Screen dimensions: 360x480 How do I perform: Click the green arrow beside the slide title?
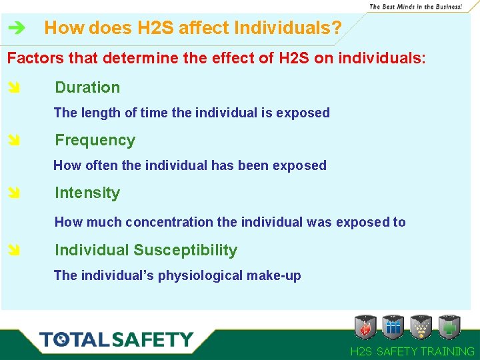pos(17,29)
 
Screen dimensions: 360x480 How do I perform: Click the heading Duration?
pos(87,87)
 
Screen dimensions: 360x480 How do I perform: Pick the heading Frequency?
pos(95,140)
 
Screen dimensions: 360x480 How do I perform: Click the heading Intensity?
pos(87,193)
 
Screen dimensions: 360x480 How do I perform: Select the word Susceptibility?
pos(185,250)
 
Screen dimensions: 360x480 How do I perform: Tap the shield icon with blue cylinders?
pos(393,327)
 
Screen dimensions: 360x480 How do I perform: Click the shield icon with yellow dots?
pos(421,327)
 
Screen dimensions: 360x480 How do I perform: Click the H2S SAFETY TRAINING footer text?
pos(412,351)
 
